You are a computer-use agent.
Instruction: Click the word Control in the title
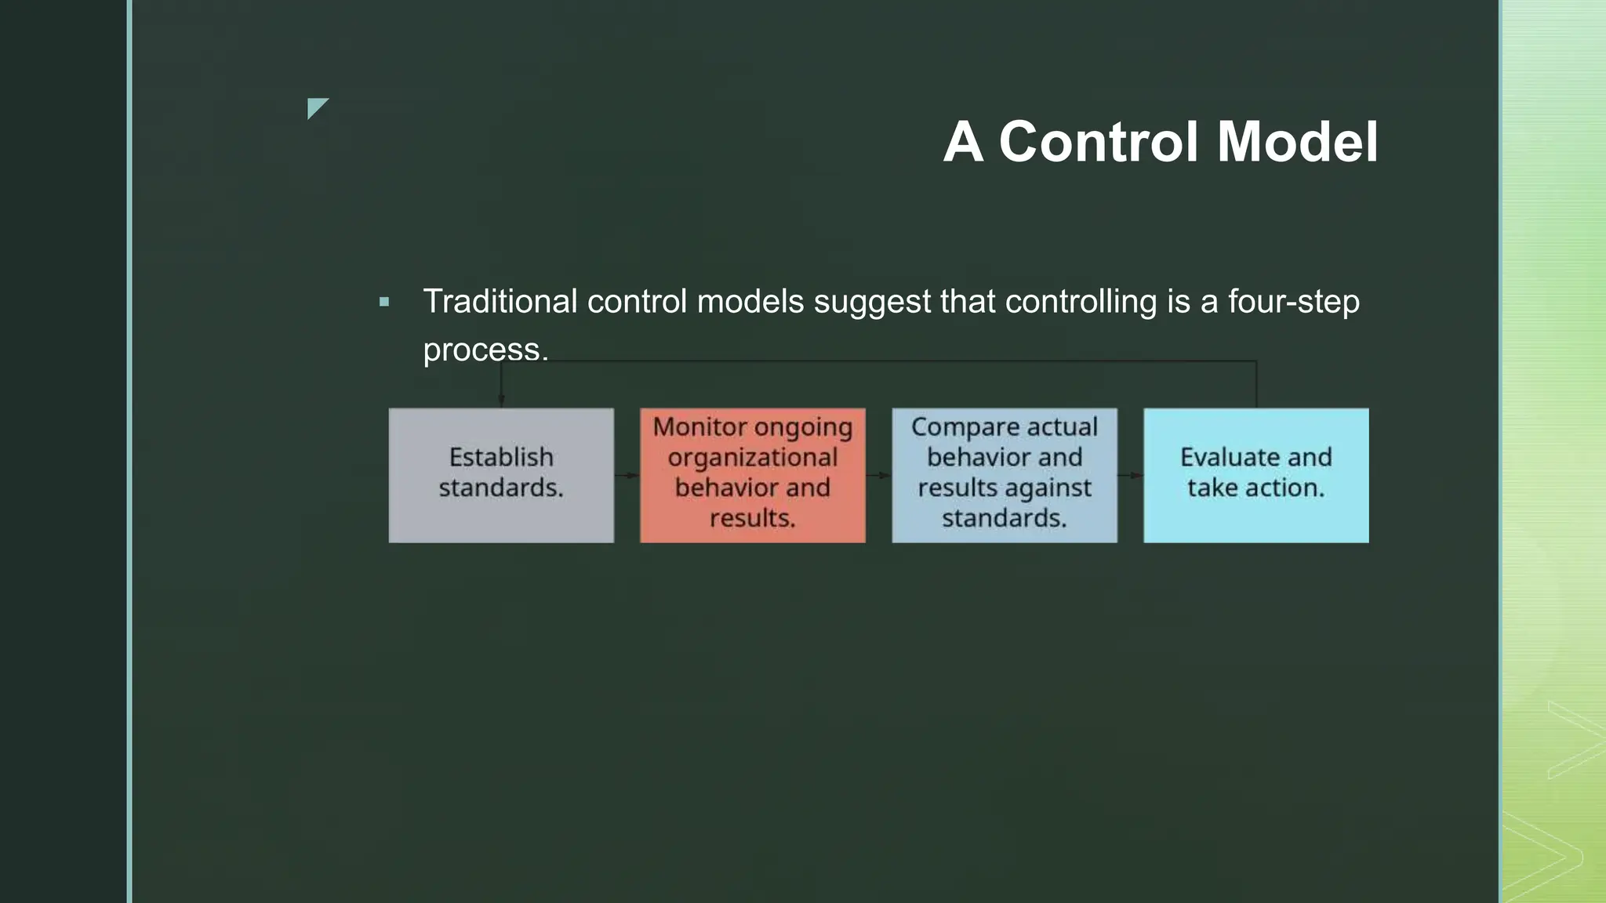(x=1099, y=142)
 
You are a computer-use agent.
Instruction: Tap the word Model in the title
(x=1297, y=142)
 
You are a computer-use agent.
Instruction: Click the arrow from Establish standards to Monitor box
(x=627, y=475)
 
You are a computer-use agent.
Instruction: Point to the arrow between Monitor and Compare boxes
(x=879, y=475)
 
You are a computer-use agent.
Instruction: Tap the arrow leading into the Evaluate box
(x=1131, y=475)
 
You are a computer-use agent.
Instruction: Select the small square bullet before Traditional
(x=384, y=302)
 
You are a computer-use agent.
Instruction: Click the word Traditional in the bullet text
(x=500, y=302)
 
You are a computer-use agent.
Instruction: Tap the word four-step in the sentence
(x=1293, y=302)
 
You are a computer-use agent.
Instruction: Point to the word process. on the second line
(x=485, y=350)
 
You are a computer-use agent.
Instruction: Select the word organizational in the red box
(x=752, y=457)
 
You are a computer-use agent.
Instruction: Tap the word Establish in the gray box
(x=501, y=457)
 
